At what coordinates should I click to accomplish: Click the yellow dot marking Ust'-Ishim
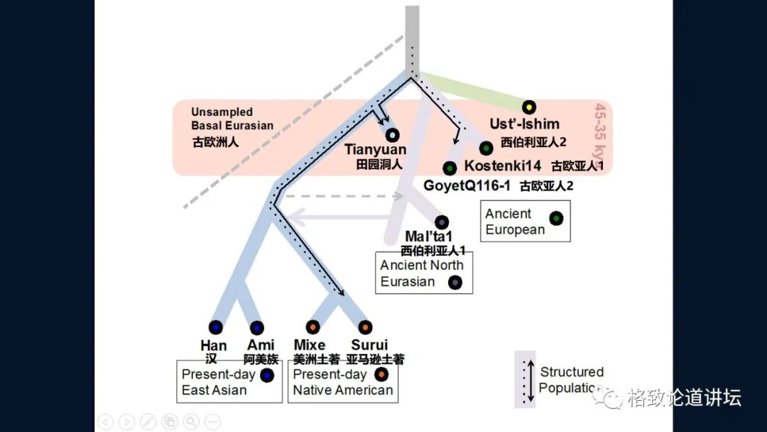528,107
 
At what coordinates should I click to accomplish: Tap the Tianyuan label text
375,150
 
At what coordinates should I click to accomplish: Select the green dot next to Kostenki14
486,148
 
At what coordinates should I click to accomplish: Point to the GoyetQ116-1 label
467,185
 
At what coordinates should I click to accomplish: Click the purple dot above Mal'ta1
442,222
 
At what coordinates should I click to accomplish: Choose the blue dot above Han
215,327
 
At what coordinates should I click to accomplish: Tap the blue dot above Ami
256,327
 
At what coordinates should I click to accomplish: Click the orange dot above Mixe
312,327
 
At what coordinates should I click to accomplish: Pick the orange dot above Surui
365,327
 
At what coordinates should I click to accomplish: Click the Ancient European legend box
525,221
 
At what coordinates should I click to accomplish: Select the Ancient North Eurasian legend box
424,273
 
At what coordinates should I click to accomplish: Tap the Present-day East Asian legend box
229,382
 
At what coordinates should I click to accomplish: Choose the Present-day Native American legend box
343,382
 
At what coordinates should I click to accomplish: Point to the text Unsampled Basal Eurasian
232,119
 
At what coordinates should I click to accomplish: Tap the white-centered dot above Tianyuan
392,134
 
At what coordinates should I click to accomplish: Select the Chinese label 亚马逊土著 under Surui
375,360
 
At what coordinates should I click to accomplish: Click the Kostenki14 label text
503,166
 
